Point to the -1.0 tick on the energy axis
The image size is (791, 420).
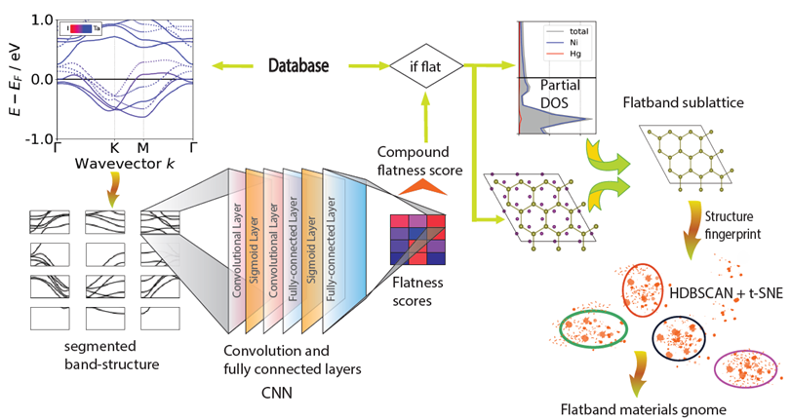click(x=36, y=139)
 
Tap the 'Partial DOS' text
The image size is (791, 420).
click(x=561, y=93)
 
